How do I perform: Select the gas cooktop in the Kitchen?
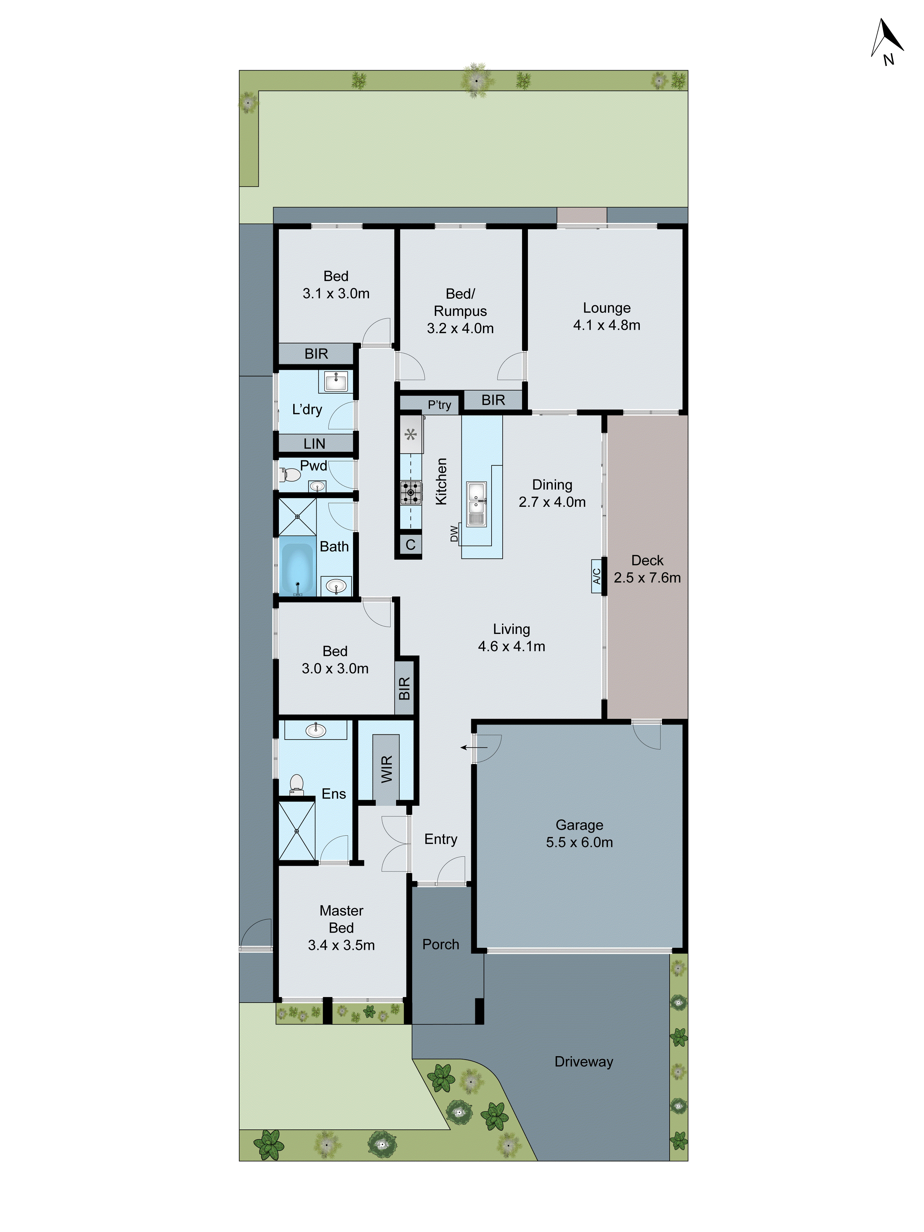pyautogui.click(x=411, y=492)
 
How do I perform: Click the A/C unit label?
pyautogui.click(x=596, y=576)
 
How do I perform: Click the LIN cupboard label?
pyautogui.click(x=314, y=444)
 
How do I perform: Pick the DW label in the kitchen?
pyautogui.click(x=454, y=533)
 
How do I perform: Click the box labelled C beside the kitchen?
pyautogui.click(x=410, y=545)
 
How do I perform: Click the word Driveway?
pyautogui.click(x=583, y=1062)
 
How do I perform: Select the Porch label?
pyautogui.click(x=440, y=944)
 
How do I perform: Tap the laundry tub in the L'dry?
pyautogui.click(x=336, y=383)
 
